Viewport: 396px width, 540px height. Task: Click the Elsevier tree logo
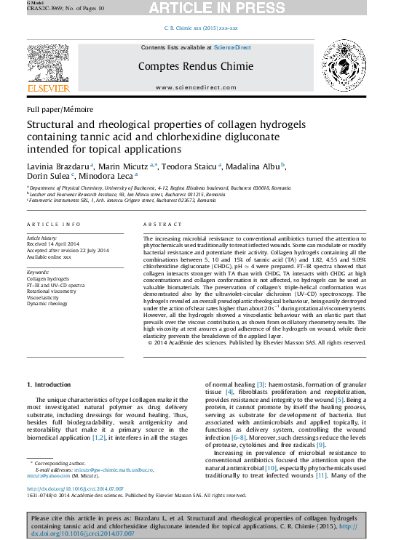pyautogui.click(x=49, y=68)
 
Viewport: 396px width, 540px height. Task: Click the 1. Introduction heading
pyautogui.click(x=49, y=384)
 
